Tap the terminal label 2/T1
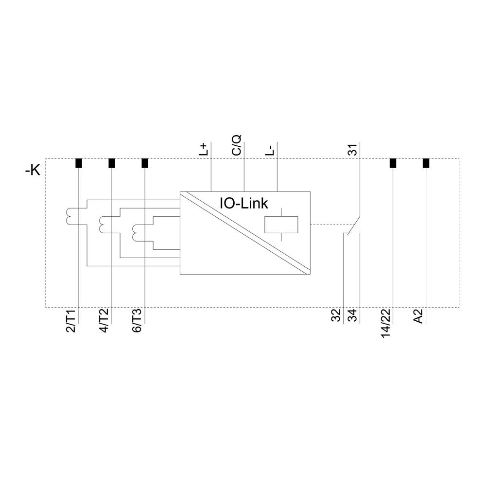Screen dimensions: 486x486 point(71,321)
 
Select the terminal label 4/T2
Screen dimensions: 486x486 point(104,321)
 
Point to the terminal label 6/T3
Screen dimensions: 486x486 point(137,321)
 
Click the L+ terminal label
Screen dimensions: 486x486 point(204,149)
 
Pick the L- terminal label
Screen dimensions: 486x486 point(270,149)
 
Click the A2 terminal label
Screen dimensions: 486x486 point(418,317)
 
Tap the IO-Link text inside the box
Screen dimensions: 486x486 point(244,203)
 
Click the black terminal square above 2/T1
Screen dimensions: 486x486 point(79,163)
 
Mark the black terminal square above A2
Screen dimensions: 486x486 point(426,163)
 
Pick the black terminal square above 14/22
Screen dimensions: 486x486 point(393,163)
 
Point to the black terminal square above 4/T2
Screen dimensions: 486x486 point(112,163)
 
